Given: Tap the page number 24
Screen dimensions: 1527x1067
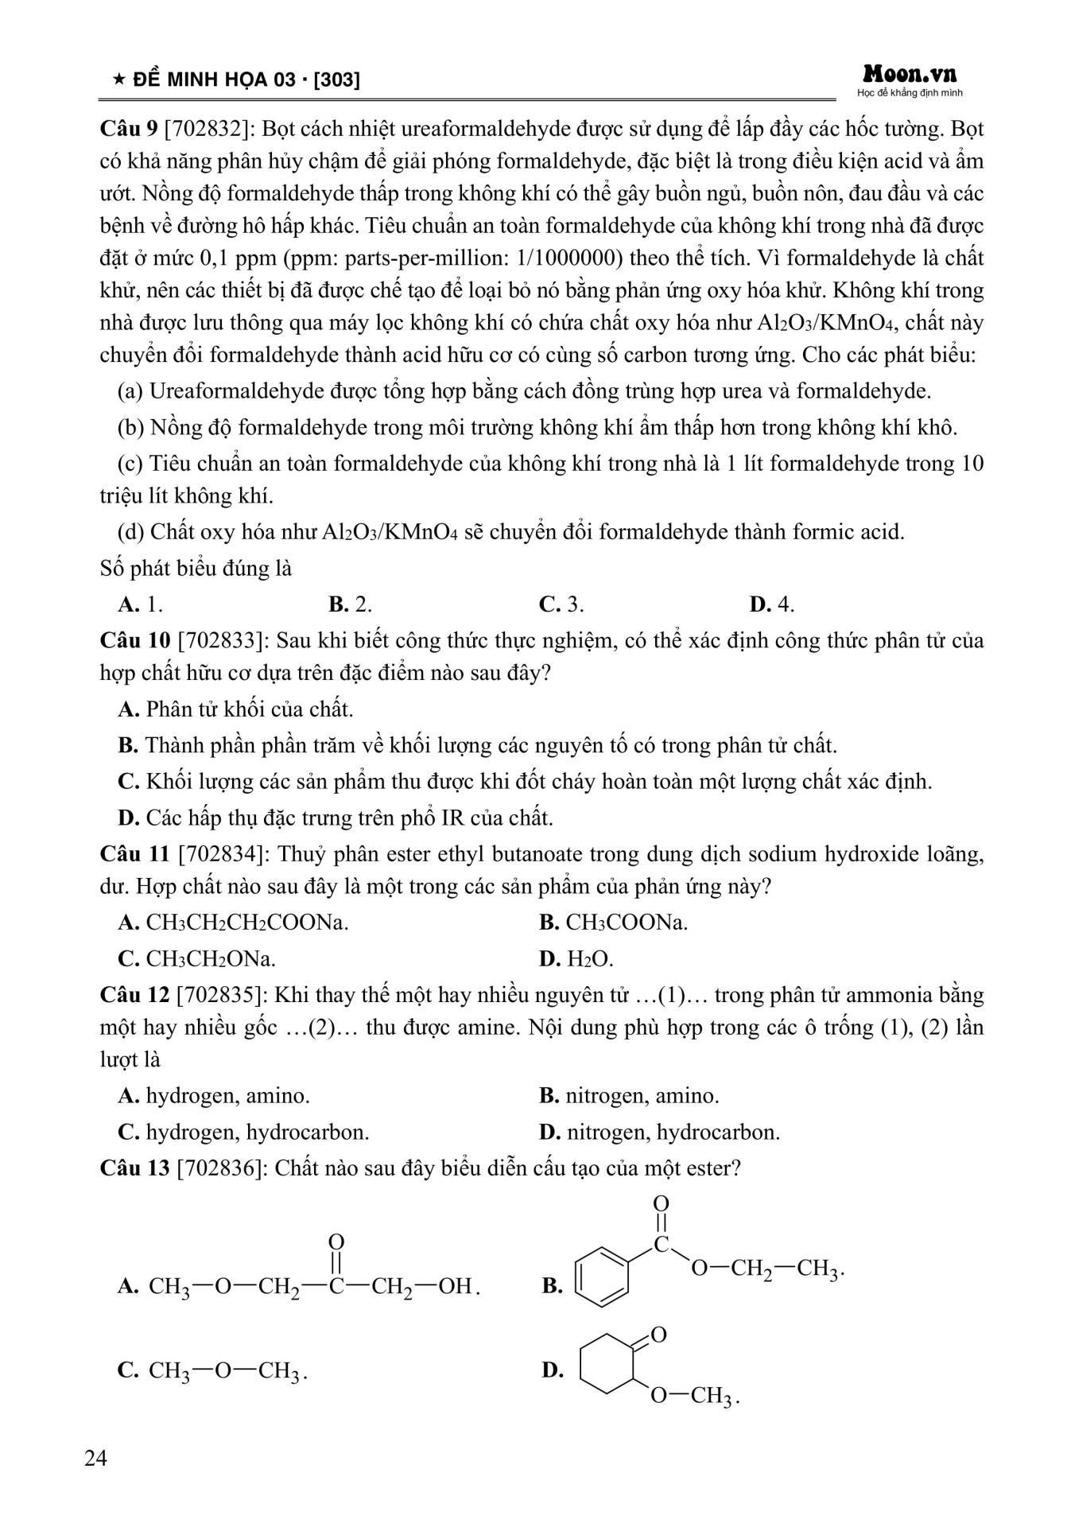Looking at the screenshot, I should (95, 1458).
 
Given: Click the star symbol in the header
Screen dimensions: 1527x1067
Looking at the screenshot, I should (118, 80).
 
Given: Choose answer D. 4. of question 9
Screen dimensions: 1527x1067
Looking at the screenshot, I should (771, 604).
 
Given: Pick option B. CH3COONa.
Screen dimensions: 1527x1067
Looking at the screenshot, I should (614, 923).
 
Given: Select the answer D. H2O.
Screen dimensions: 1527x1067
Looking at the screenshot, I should (576, 959).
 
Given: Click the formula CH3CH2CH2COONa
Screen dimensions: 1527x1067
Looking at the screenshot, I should (247, 923).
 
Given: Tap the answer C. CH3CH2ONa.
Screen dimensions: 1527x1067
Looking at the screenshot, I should (197, 959).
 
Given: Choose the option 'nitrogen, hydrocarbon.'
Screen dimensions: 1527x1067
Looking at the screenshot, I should (673, 1132).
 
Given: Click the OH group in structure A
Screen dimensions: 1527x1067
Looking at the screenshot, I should (456, 1286).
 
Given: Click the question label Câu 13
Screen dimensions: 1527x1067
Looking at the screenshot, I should (134, 1168).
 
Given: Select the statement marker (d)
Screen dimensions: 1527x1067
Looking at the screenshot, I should (131, 532).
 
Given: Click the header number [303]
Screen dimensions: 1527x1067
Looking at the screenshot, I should (337, 80).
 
